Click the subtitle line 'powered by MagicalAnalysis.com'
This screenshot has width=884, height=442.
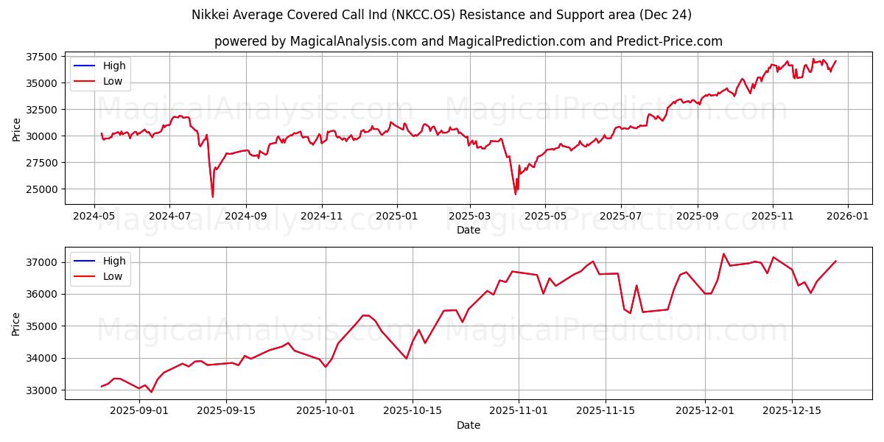click(468, 41)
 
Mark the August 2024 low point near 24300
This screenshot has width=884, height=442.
click(213, 197)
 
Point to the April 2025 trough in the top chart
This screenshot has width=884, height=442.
click(515, 194)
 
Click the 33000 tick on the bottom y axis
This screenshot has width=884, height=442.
click(43, 390)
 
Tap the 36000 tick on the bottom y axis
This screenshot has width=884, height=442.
click(43, 294)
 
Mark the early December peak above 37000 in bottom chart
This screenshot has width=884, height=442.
click(723, 254)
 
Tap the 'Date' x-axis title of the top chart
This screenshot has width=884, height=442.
click(468, 231)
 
